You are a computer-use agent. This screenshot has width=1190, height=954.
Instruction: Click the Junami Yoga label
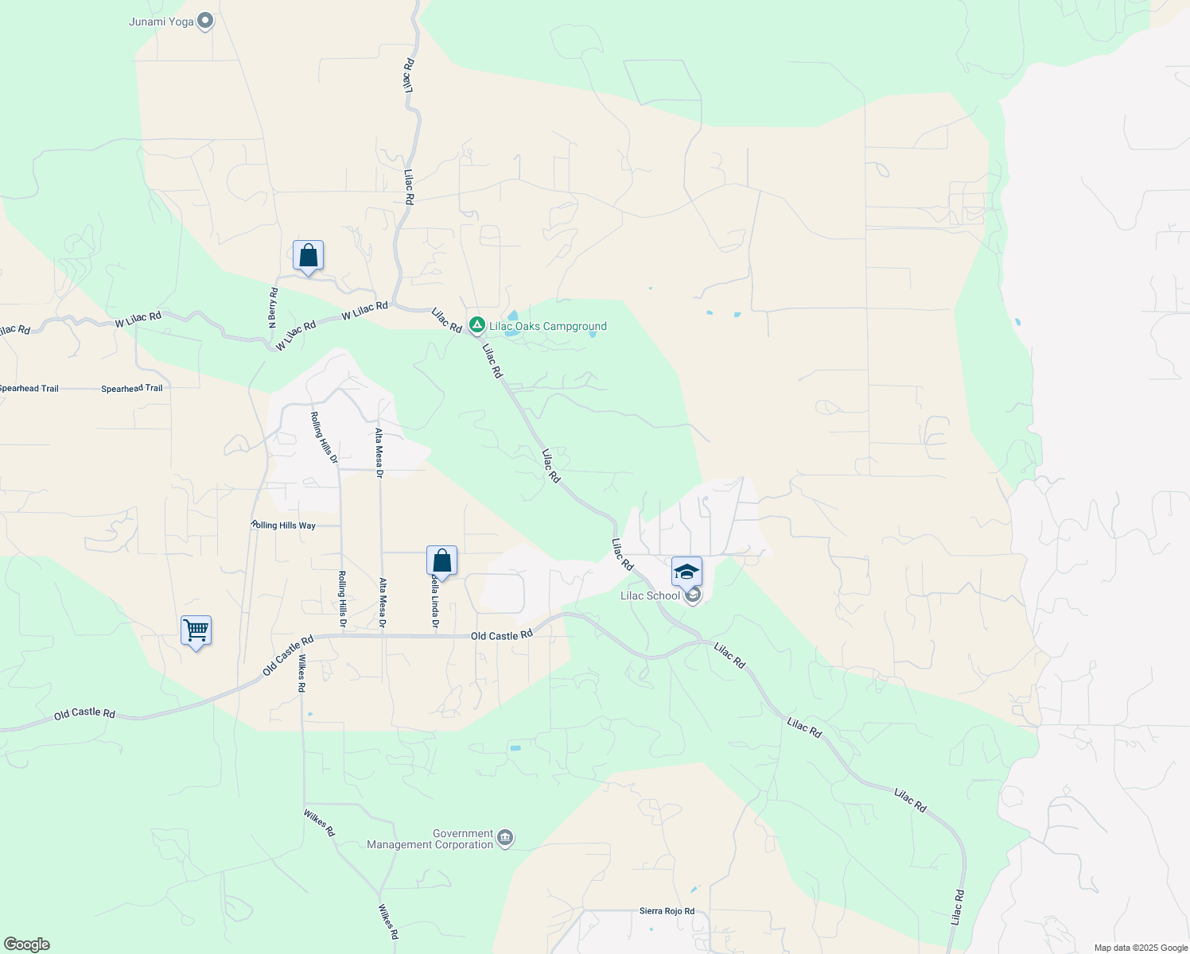tap(161, 21)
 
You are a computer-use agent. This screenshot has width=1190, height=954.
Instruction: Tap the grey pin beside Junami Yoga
tap(205, 21)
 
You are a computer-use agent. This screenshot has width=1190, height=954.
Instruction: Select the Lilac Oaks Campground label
tap(547, 326)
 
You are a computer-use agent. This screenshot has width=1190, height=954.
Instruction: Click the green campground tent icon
tap(476, 324)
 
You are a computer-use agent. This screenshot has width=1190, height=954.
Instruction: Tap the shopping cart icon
tap(196, 631)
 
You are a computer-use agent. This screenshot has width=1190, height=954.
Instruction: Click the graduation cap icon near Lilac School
tap(686, 572)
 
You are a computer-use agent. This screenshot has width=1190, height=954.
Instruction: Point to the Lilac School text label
tap(651, 595)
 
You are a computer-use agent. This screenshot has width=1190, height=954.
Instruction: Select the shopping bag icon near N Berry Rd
tap(308, 256)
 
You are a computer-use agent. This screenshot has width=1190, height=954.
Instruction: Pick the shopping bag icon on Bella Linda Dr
tap(441, 561)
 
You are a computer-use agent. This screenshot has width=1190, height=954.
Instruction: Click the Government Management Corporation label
tap(430, 839)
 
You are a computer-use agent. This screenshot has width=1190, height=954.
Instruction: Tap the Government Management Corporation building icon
tap(504, 838)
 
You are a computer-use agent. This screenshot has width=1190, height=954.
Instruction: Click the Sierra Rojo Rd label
tap(667, 911)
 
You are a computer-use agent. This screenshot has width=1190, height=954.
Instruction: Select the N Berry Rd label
tap(273, 308)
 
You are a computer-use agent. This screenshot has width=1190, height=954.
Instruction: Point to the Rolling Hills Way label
tap(284, 525)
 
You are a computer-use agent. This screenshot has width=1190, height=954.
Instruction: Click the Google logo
tap(26, 944)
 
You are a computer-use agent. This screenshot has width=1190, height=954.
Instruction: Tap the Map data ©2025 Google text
tap(1140, 948)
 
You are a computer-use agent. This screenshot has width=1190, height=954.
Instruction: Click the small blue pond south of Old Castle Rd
tap(515, 748)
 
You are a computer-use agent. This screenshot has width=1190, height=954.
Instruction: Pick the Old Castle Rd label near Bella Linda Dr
tap(501, 636)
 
